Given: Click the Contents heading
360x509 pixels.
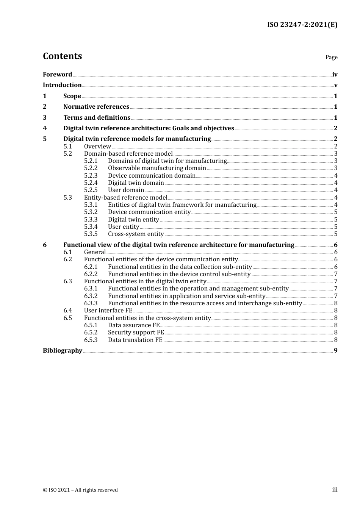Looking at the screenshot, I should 62,56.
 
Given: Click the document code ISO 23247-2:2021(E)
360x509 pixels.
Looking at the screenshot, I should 302,25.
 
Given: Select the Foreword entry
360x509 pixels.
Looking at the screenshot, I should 57,74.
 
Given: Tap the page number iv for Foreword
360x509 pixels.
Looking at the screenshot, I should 335,74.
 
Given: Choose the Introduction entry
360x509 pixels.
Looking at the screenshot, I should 62,85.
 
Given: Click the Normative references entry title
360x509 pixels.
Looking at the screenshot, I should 96,106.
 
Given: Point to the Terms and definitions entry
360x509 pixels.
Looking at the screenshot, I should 97,117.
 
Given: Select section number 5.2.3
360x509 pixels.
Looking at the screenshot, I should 91,175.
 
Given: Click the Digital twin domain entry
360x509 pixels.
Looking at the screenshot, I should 136,183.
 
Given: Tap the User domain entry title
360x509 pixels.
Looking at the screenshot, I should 126,190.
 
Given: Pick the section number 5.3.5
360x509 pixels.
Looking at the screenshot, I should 91,234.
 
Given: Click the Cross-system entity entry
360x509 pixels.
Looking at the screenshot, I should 136,234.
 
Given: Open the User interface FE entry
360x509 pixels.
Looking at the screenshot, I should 108,310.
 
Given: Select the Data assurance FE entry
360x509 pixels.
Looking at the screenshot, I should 134,325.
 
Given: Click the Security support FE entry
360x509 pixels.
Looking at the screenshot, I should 136,332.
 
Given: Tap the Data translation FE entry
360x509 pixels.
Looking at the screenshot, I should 135,340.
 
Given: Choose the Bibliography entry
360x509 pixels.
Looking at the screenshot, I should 63,350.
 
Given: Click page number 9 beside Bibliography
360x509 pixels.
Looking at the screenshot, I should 335,350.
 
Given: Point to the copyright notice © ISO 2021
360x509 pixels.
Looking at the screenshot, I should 80,490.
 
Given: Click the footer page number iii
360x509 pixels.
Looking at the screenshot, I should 335,489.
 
